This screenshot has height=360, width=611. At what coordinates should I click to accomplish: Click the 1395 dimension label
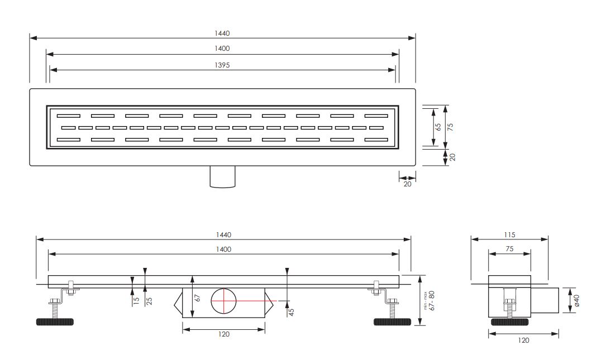coord(222,65)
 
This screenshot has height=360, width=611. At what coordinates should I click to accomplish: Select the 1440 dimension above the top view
coord(222,33)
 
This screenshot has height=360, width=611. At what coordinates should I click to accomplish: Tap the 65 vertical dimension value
coord(438,127)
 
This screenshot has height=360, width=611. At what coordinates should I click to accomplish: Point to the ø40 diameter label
coord(577,300)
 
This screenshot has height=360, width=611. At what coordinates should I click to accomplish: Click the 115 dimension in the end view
coord(509,235)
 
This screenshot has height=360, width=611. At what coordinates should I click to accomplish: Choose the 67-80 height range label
coord(432,300)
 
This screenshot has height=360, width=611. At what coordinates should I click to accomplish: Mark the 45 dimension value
coord(292,312)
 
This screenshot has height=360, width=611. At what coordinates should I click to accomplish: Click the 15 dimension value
coord(136,301)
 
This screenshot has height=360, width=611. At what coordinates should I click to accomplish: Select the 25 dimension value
coord(149,301)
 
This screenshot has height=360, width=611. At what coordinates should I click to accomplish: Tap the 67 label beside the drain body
coord(198,297)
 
